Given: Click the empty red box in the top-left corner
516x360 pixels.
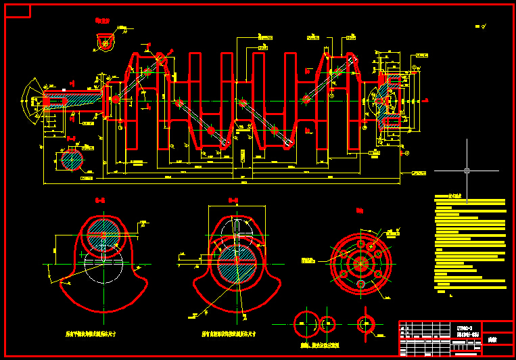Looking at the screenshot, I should pyautogui.click(x=18, y=10).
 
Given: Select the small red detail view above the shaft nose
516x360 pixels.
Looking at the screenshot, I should pyautogui.click(x=105, y=42).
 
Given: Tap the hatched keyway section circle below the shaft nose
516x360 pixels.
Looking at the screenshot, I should pyautogui.click(x=70, y=160).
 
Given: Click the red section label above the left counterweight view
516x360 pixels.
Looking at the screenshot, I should pyautogui.click(x=101, y=200).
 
